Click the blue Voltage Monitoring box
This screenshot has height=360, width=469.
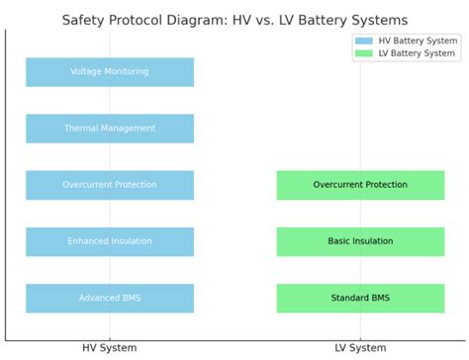(110, 72)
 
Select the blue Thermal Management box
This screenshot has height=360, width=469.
(110, 129)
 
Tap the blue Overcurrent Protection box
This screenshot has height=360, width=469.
(110, 185)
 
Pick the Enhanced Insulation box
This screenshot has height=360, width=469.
(110, 241)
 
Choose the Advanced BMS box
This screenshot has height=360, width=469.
(110, 298)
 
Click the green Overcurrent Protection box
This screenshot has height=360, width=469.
(360, 185)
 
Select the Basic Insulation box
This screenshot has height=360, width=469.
(360, 241)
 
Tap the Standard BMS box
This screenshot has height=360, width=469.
(360, 298)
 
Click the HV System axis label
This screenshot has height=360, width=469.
(110, 348)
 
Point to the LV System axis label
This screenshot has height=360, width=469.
(360, 348)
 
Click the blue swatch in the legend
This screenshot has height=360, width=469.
(364, 41)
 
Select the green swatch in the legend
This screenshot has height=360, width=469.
(364, 53)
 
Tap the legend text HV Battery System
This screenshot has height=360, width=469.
(417, 41)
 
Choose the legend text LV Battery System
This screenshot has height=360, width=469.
(417, 53)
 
